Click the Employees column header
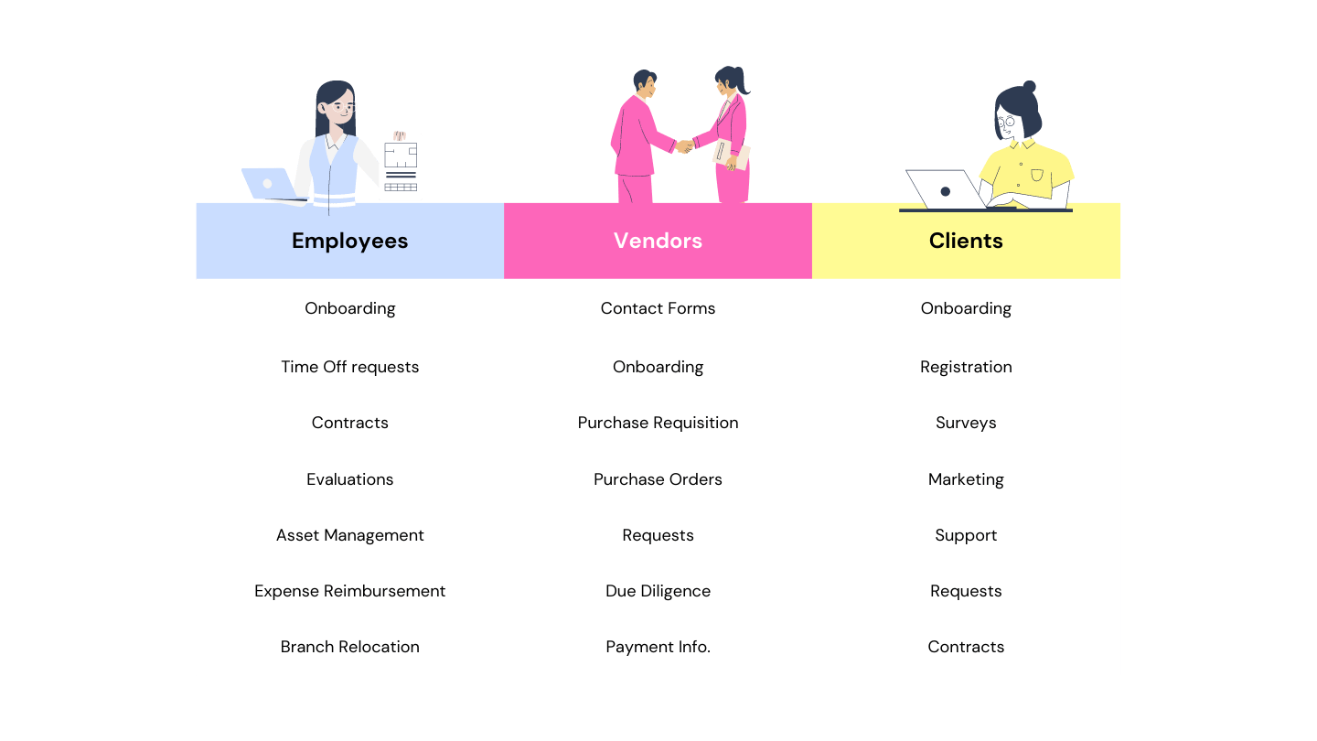click(x=349, y=241)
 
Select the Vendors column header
click(x=658, y=241)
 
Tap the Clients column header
click(x=966, y=241)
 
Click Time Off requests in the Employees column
click(x=349, y=367)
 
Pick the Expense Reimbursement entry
click(x=349, y=591)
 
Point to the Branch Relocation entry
click(x=349, y=647)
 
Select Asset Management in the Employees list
click(x=349, y=535)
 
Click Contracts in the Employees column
click(x=349, y=423)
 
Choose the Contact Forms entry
click(x=658, y=308)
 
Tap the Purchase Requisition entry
click(x=658, y=423)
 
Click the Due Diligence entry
click(x=658, y=591)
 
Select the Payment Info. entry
click(x=658, y=647)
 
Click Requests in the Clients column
click(x=966, y=591)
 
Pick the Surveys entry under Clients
click(x=966, y=423)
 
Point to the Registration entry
click(x=966, y=367)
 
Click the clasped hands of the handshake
click(x=684, y=145)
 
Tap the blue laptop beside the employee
click(x=267, y=183)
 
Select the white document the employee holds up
click(x=401, y=166)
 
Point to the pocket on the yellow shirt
click(x=1036, y=174)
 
